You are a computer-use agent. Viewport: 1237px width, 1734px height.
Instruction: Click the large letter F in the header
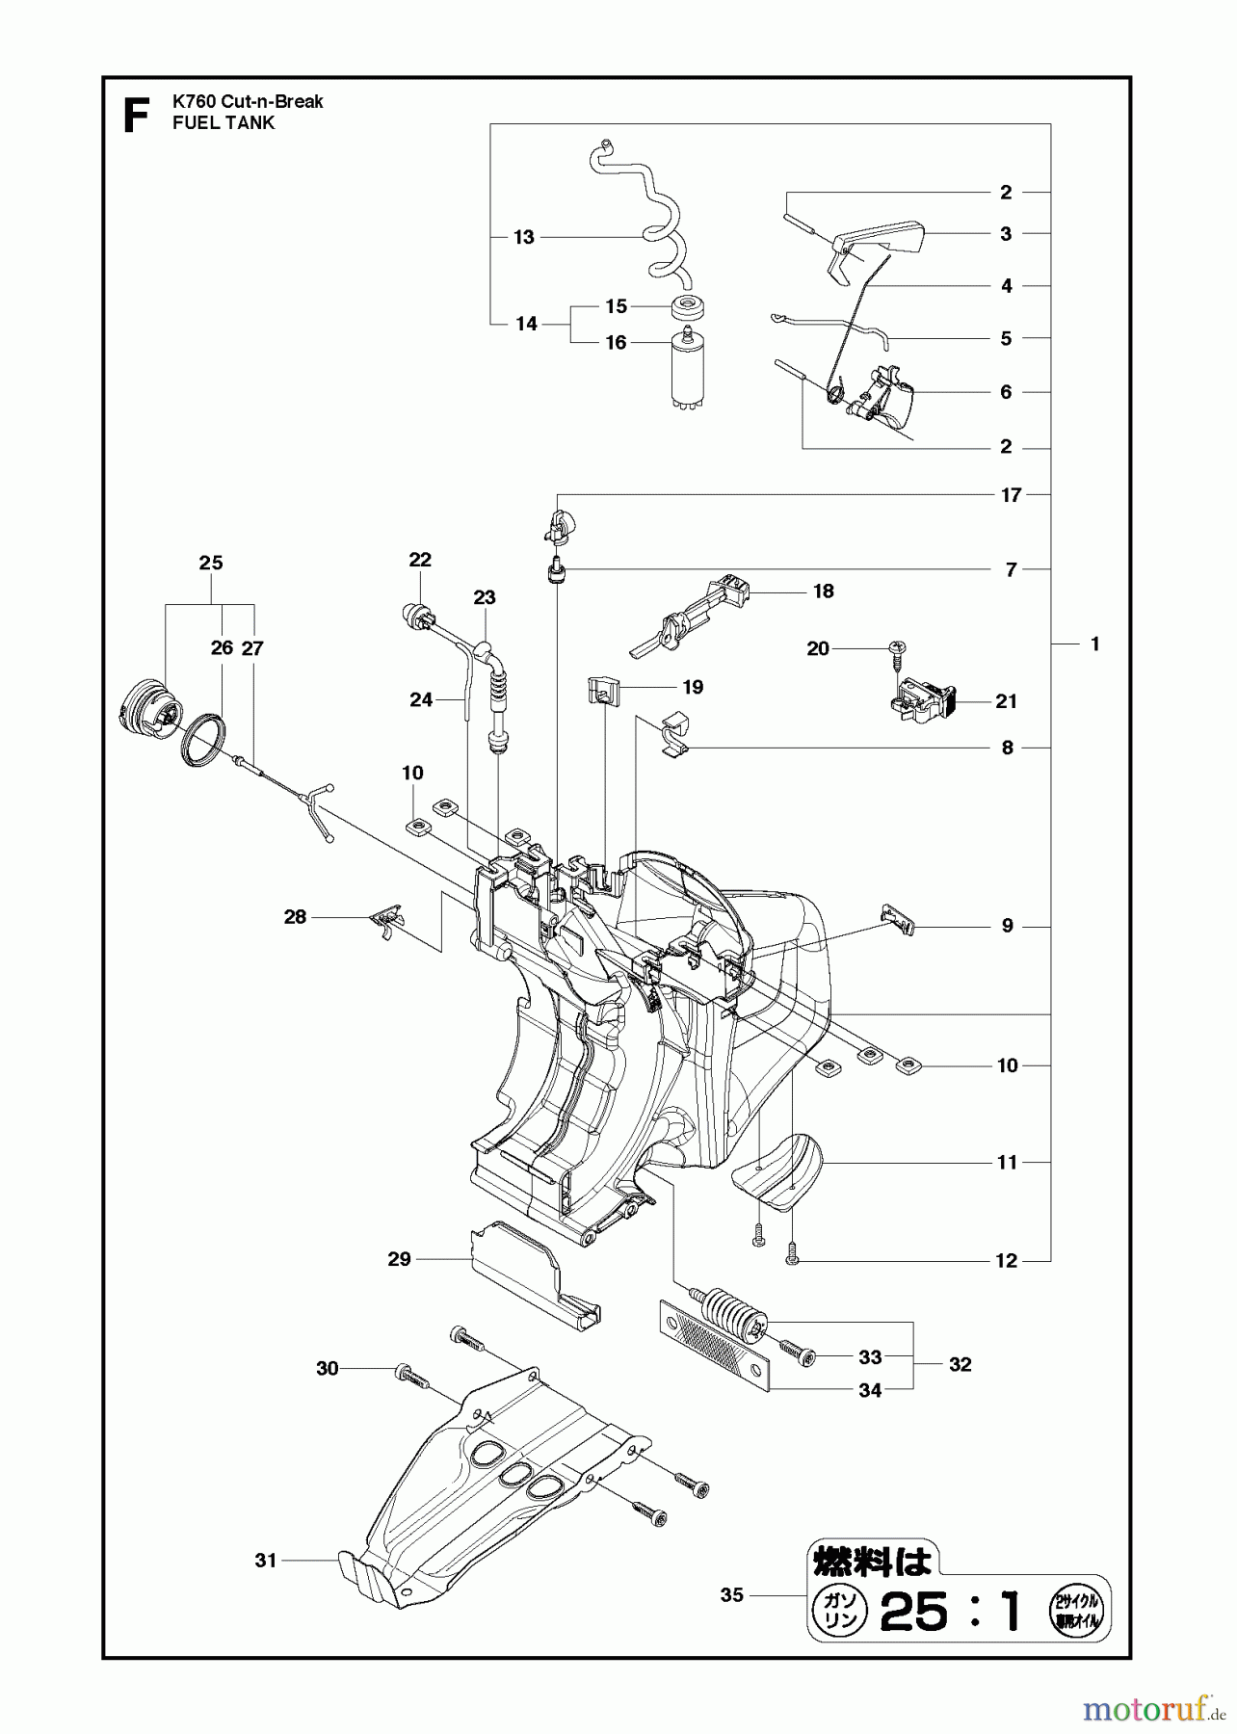tap(137, 115)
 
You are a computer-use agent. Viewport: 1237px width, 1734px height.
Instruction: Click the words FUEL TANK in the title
tap(223, 123)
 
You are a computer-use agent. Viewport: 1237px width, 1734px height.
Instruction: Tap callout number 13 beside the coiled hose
tap(523, 237)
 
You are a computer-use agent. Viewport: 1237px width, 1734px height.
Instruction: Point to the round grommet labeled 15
tap(688, 309)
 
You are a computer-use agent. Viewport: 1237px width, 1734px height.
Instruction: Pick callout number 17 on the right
tap(1011, 495)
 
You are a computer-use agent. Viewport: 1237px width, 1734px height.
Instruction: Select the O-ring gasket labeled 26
tap(205, 741)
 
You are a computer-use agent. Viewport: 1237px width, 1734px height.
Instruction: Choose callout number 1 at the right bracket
tap(1094, 644)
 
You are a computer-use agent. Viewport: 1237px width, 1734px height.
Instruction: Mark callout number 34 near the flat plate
tap(869, 1390)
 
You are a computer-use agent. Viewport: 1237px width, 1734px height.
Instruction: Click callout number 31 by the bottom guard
tap(266, 1560)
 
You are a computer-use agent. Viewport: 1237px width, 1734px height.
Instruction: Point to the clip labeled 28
tap(387, 921)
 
